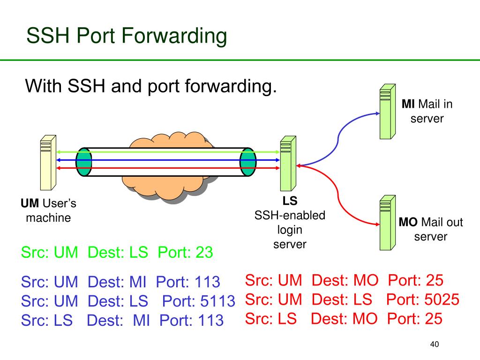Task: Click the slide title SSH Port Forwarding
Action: click(x=127, y=37)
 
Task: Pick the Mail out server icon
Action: click(x=386, y=222)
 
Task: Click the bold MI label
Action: click(x=408, y=104)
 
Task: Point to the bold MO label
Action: click(x=408, y=222)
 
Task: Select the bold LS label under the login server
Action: click(x=290, y=202)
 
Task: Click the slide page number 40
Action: click(x=434, y=345)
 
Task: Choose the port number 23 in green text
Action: click(x=204, y=253)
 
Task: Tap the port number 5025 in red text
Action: click(x=441, y=300)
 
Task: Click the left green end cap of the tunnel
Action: click(x=84, y=162)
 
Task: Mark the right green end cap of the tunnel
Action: click(x=248, y=162)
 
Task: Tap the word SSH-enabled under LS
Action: click(x=290, y=215)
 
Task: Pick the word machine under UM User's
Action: click(x=48, y=217)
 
